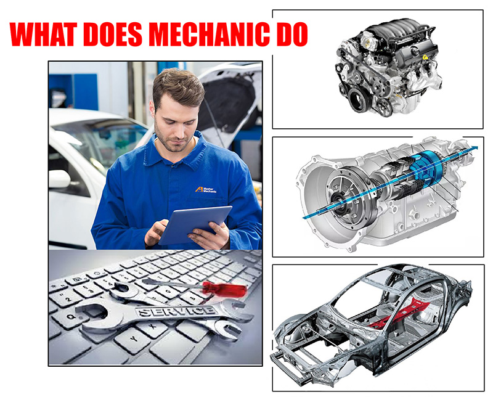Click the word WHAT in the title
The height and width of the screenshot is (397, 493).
point(43,34)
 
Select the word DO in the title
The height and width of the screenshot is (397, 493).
point(291,34)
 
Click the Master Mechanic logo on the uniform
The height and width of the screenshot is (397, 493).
point(206,189)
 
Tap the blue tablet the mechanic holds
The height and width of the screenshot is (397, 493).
point(195,224)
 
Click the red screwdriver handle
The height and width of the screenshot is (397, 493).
point(224,289)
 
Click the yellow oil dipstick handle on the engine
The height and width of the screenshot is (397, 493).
point(425,57)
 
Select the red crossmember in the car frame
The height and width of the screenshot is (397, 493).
point(399,314)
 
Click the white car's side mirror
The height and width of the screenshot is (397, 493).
point(59,179)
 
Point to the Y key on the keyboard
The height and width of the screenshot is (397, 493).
point(133,340)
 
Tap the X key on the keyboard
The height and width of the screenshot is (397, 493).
point(153,327)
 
